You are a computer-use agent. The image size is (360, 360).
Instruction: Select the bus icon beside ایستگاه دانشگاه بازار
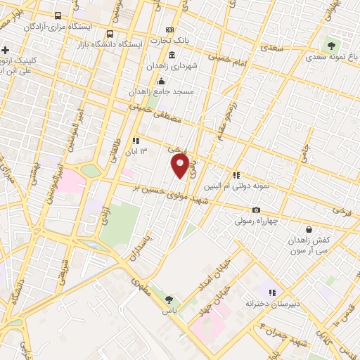109,33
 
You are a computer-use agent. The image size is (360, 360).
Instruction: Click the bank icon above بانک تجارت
169,30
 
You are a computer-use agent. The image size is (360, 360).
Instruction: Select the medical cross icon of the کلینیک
6,50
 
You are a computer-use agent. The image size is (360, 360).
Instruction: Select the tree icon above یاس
169,300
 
